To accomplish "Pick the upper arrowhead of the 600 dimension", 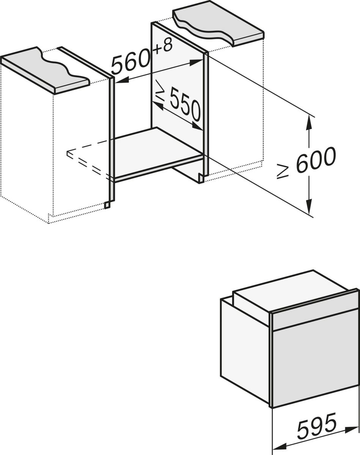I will (x=310, y=121).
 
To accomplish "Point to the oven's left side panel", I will (x=245, y=347).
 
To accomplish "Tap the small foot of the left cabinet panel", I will (x=107, y=205).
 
